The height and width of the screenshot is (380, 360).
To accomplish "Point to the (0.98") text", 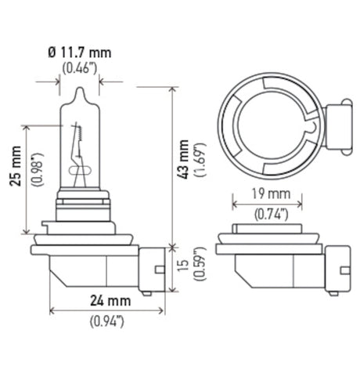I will (34, 179).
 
